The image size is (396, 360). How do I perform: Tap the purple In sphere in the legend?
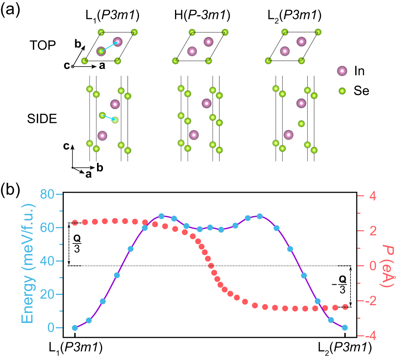click(x=341, y=71)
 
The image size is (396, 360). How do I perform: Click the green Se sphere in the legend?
click(x=341, y=91)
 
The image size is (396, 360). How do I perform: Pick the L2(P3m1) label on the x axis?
click(x=345, y=348)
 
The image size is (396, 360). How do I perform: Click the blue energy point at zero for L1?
click(x=75, y=327)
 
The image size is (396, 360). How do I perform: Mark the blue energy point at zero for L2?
click(x=345, y=327)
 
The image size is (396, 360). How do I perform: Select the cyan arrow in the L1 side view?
click(x=109, y=117)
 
